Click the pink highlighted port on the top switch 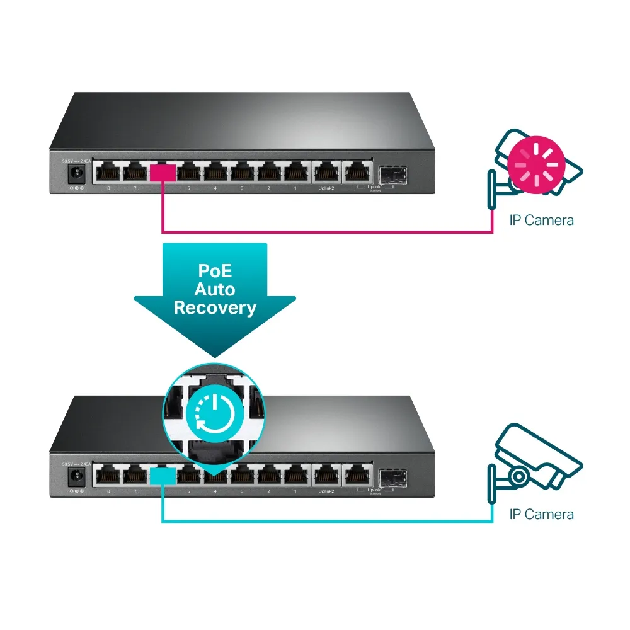[163, 172]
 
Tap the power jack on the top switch [77, 172]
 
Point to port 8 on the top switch [108, 172]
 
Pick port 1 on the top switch [295, 172]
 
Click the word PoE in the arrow [214, 272]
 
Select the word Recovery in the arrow [215, 308]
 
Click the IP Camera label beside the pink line [541, 220]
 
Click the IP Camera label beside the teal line [541, 515]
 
